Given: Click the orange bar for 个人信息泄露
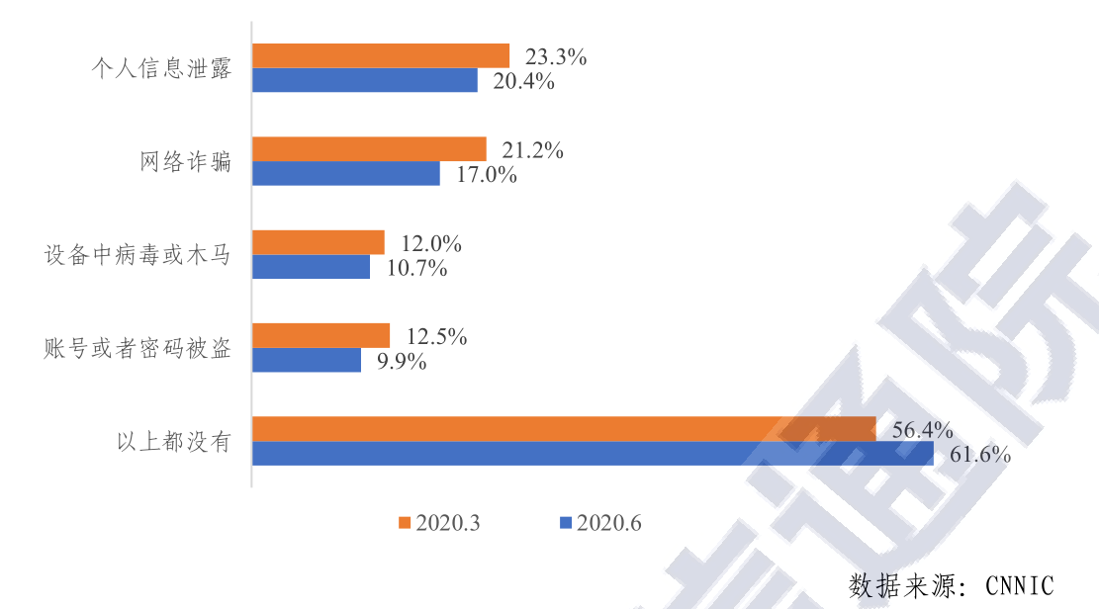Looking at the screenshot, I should pos(381,55).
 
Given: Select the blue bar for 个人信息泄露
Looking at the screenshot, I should pos(365,80).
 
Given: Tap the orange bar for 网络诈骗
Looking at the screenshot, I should pos(369,149).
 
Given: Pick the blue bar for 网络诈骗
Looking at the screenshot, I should pos(346,174).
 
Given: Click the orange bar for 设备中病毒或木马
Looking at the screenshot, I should pos(319,242).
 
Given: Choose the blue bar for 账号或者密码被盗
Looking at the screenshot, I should pos(307,360).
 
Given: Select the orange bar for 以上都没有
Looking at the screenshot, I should pos(564,429).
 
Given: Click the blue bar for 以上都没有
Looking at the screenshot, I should pos(593,454).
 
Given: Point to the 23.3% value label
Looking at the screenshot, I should pos(555,57).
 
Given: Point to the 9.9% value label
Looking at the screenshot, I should pos(402,362).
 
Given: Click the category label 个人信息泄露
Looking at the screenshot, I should pos(160,68).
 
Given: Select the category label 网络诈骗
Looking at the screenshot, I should pos(185,161).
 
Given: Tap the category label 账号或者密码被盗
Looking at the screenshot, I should pos(137,348).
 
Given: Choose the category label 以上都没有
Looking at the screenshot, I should pos(173,441).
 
